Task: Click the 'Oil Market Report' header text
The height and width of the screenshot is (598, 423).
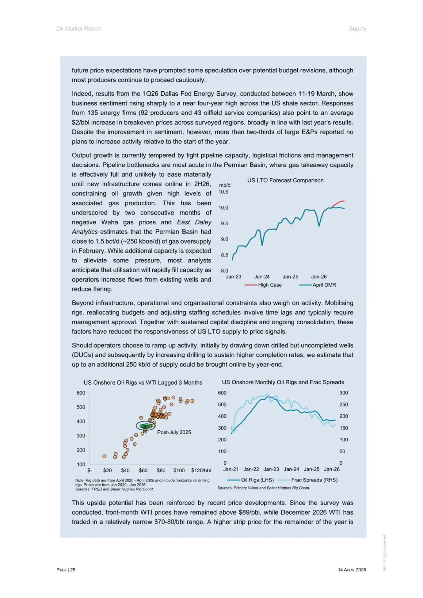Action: click(79, 29)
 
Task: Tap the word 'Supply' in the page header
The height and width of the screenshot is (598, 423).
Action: click(358, 29)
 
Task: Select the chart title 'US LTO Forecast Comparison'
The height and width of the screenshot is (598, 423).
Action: click(285, 181)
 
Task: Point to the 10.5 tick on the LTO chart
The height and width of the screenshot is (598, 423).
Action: click(223, 192)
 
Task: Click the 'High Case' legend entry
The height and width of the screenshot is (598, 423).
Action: click(269, 285)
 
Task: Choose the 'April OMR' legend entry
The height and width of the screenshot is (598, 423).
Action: click(324, 285)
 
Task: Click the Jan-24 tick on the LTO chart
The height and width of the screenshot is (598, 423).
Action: click(262, 276)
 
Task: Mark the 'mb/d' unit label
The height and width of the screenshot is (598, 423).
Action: click(225, 185)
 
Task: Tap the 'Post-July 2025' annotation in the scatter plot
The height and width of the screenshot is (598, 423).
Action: click(174, 432)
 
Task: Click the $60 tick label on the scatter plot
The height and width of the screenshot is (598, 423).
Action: click(143, 470)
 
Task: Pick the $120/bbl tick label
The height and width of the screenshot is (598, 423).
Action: click(201, 470)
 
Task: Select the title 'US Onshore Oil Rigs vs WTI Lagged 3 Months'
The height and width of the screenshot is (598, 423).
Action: click(143, 383)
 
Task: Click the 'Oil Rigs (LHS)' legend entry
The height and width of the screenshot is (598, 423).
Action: click(257, 480)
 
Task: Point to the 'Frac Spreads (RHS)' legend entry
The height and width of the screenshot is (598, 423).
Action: click(314, 480)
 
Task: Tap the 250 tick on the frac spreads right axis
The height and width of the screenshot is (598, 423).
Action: click(343, 405)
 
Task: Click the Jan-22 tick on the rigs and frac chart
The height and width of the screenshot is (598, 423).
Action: click(251, 469)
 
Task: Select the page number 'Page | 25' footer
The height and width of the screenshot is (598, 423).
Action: click(66, 570)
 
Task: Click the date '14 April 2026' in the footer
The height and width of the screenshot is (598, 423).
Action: click(352, 570)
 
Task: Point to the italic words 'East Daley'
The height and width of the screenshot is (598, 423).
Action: click(194, 222)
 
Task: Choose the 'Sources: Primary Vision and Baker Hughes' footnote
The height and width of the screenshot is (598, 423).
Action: click(264, 488)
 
